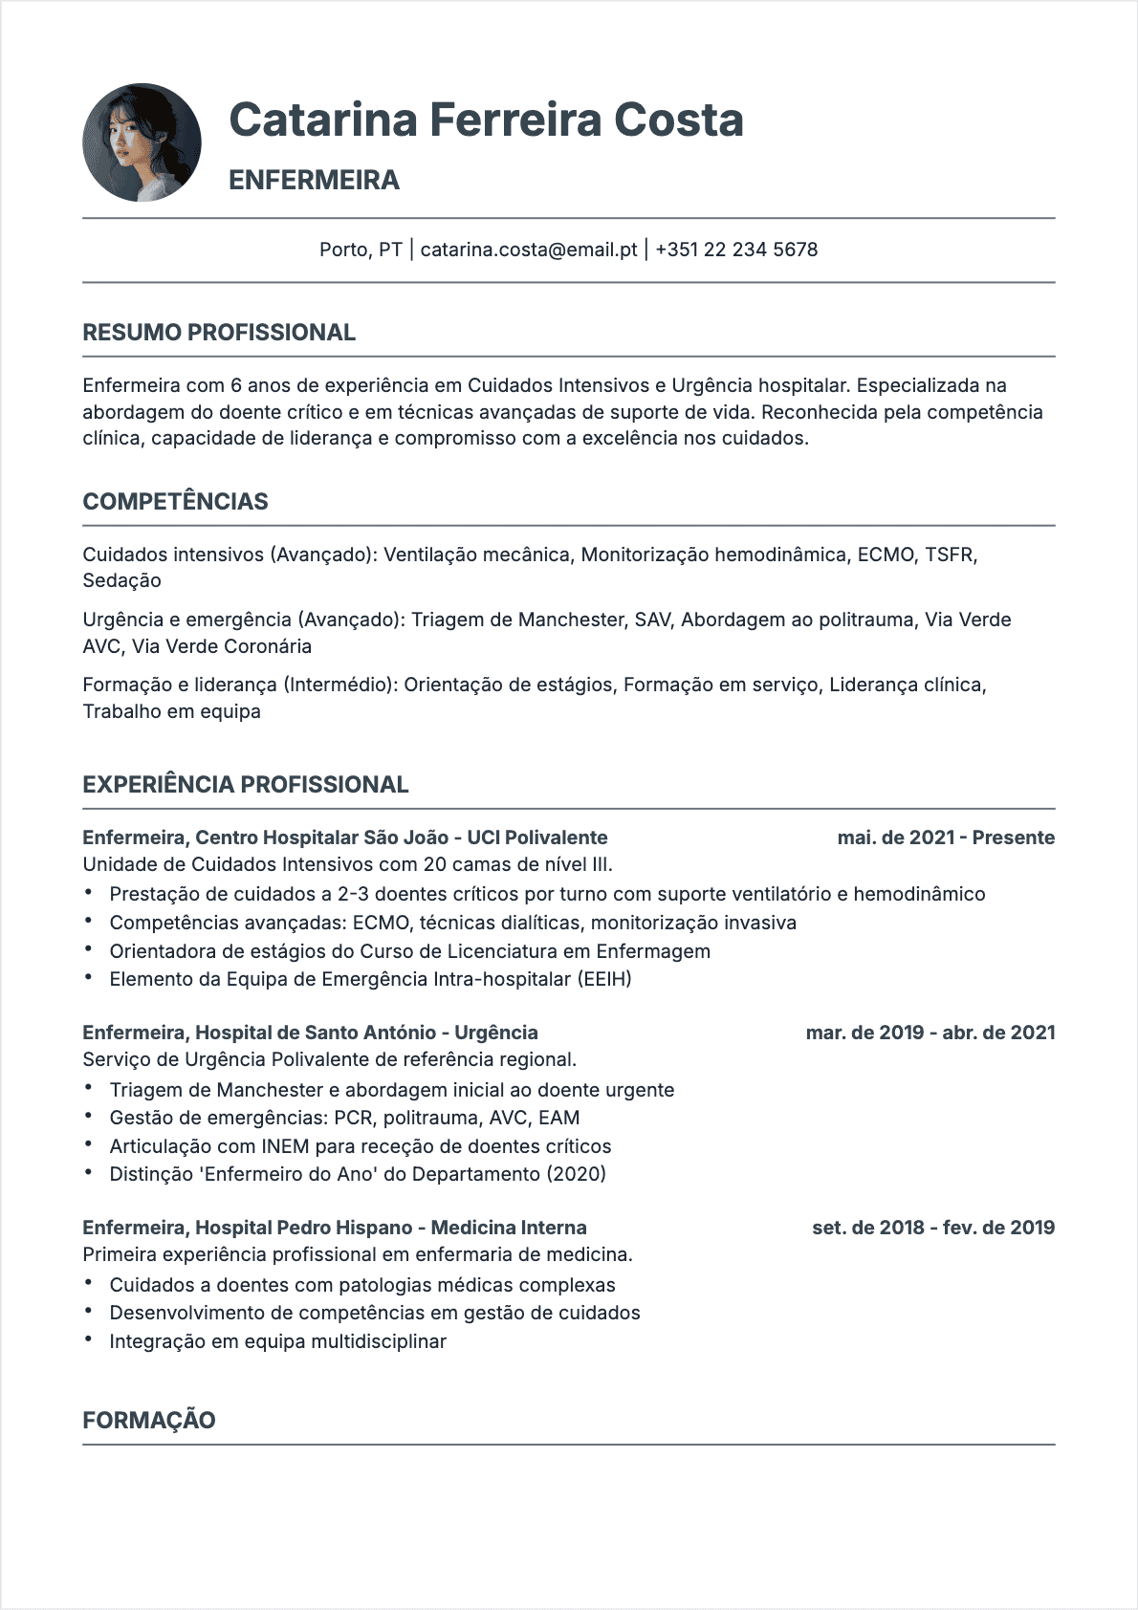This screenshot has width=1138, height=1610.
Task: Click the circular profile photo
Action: pos(142,142)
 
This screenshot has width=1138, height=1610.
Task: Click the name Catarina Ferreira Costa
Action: pos(486,120)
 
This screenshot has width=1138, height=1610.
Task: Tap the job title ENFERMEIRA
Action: pos(314,180)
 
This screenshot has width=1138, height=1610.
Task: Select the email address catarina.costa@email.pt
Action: pos(529,250)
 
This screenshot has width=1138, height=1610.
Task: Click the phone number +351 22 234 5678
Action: pos(736,250)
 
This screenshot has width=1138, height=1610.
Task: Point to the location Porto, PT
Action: pos(361,250)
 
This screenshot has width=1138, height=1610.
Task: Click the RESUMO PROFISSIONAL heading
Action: pos(219,333)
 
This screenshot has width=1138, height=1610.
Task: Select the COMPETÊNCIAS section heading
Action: pos(175,501)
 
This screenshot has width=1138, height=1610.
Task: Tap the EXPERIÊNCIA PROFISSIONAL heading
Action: pos(246,785)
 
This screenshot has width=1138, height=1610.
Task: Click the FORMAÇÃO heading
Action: pos(149,1420)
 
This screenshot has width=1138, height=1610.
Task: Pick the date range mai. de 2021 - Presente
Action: pos(946,838)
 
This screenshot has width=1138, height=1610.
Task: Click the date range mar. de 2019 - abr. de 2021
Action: pos(930,1033)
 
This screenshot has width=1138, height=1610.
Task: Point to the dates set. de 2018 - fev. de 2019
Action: pos(933,1228)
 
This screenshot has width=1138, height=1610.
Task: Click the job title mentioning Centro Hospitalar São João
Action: pos(345,838)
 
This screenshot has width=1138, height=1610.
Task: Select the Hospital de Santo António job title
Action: pos(310,1033)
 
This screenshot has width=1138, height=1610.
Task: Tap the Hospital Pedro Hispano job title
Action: pos(335,1228)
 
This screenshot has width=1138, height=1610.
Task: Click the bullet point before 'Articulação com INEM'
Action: pos(89,1144)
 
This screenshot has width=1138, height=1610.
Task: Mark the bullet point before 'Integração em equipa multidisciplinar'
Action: pos(89,1339)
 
